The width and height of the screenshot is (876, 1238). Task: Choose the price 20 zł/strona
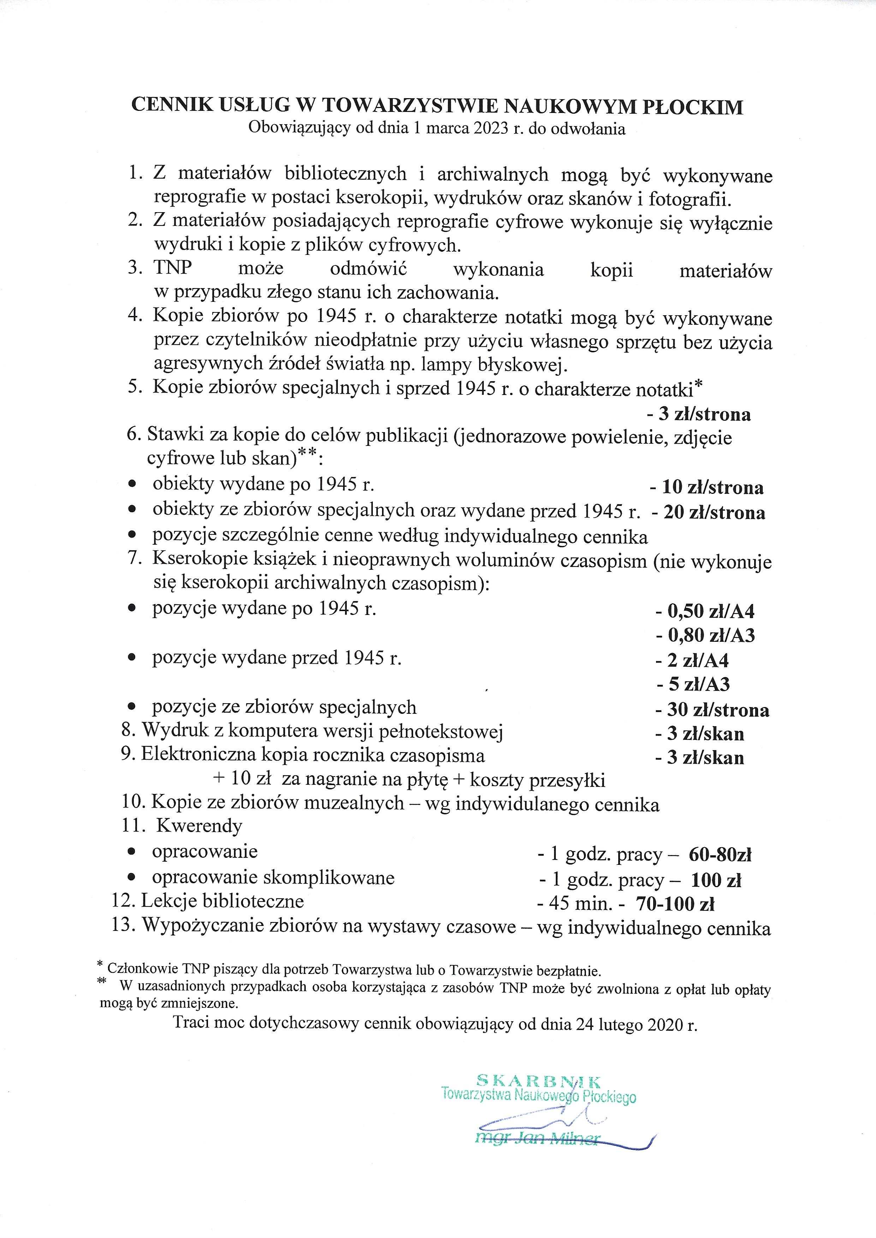pos(708,512)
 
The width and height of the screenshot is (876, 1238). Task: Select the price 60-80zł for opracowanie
pos(720,855)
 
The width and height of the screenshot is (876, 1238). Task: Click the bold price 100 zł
pos(716,880)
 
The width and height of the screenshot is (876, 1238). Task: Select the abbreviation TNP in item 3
pos(173,268)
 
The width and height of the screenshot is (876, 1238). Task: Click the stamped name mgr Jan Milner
pos(537,1138)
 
